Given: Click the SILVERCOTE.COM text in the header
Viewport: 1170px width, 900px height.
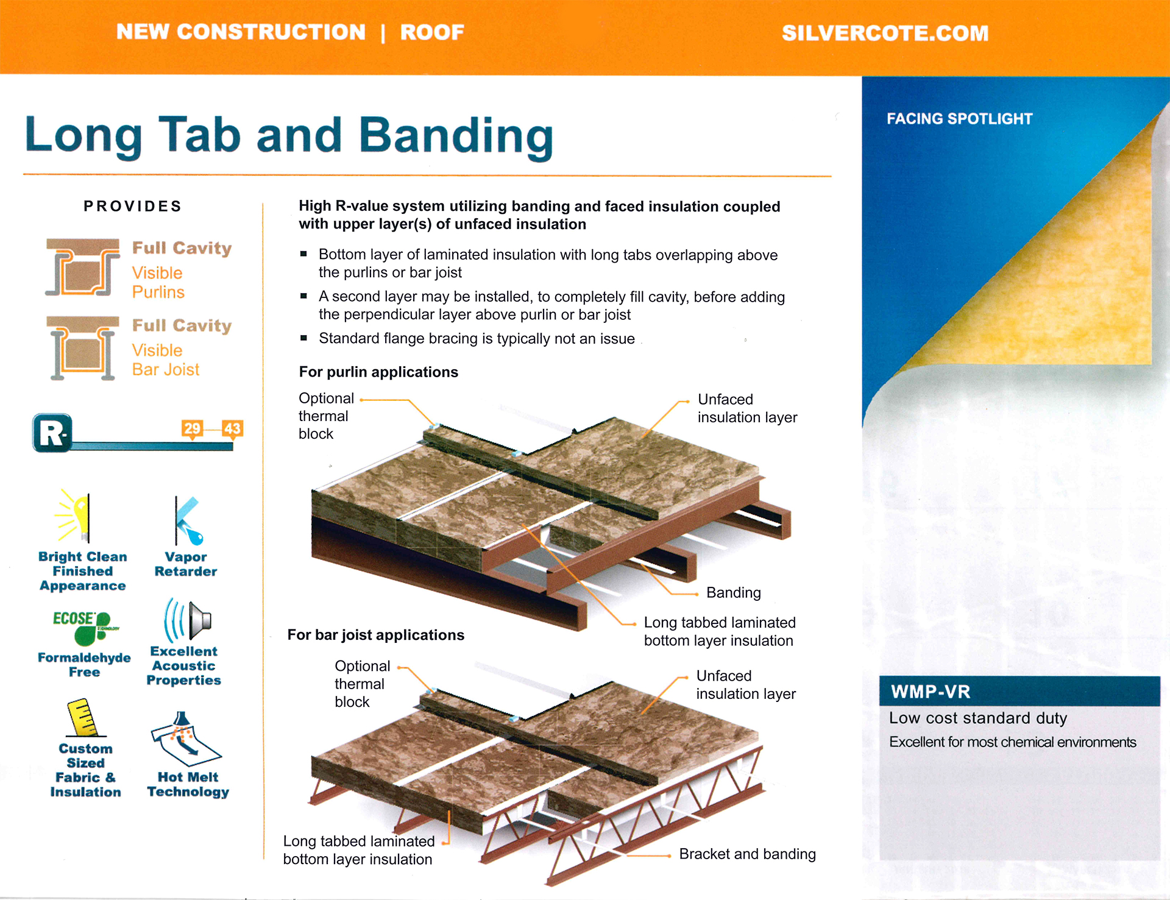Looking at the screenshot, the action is tap(885, 33).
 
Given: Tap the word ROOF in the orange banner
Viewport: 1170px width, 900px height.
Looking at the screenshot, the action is tap(432, 32).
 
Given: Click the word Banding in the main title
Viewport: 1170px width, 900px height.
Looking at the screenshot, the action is tap(456, 136).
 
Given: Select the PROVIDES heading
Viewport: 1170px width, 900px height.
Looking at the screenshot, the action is tap(133, 207).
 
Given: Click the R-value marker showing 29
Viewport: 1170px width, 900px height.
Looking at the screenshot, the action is tap(192, 428).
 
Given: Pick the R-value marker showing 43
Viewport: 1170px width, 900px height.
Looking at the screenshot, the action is tap(232, 428).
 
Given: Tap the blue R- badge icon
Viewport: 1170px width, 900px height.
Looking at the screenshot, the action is tap(52, 433).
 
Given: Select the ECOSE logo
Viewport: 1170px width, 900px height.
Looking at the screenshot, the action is tap(85, 627).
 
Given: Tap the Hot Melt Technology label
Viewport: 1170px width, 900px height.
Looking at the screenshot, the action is tap(188, 785).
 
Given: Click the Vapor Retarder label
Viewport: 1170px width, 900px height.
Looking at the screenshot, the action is tap(186, 564).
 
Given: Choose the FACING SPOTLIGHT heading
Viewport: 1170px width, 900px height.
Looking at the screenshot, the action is tap(960, 119).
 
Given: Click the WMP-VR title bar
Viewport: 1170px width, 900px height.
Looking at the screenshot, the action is tap(1019, 692).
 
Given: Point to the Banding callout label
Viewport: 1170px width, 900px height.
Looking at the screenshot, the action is tap(734, 593).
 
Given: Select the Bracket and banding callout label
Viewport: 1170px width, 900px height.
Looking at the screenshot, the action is tap(747, 854).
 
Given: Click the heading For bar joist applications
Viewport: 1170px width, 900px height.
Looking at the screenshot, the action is tap(376, 635).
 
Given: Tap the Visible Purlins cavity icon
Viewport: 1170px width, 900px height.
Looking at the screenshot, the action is tap(82, 267).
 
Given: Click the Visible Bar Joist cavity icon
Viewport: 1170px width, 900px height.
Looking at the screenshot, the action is tap(83, 348).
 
